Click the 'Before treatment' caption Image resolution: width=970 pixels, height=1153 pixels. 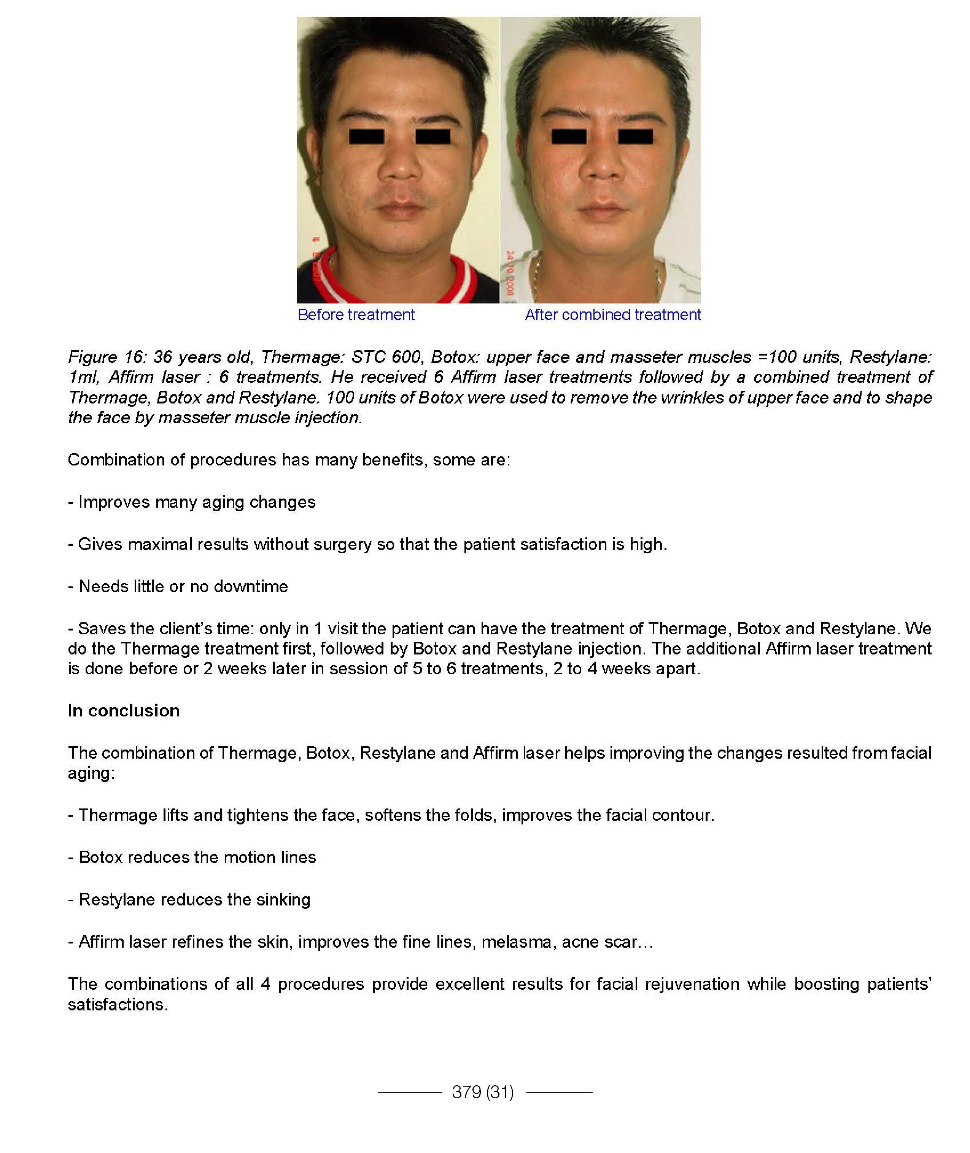pyautogui.click(x=356, y=315)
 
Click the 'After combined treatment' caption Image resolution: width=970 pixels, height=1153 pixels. pyautogui.click(x=612, y=315)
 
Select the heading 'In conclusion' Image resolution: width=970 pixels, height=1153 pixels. pyautogui.click(x=124, y=711)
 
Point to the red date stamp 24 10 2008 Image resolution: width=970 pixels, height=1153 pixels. pyautogui.click(x=510, y=273)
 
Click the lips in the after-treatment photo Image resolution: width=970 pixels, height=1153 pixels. pyautogui.click(x=603, y=211)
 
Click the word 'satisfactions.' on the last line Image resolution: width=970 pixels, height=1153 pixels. pyautogui.click(x=118, y=1005)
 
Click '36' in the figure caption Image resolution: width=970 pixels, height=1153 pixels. pyautogui.click(x=163, y=357)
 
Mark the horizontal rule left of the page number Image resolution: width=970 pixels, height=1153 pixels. pyautogui.click(x=410, y=1092)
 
